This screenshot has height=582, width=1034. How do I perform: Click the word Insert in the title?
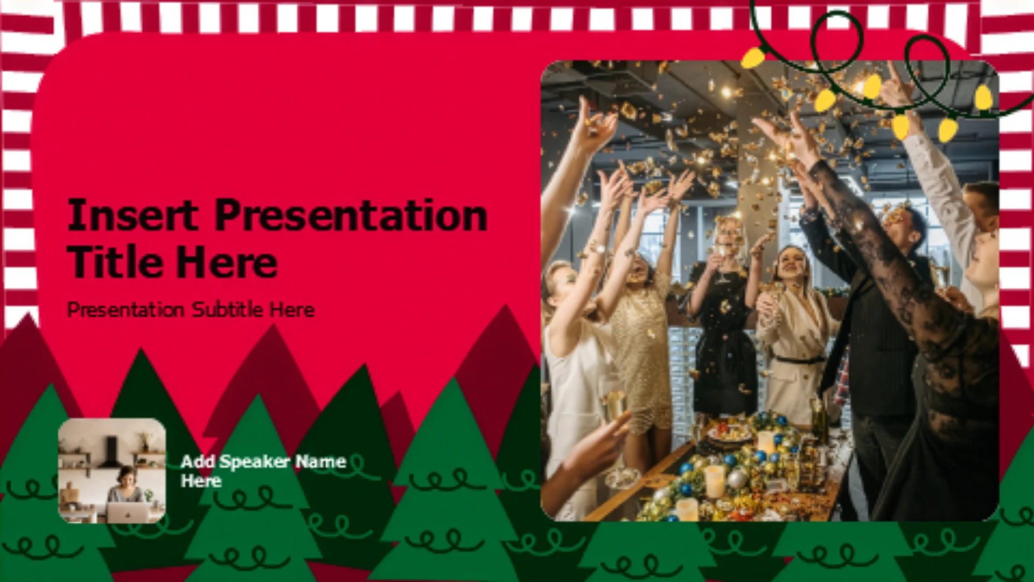coord(133,215)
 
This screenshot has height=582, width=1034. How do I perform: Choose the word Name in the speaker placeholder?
coord(320,461)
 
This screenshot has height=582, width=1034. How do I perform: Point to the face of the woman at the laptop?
coord(128,476)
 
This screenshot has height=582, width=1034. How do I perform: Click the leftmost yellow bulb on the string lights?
coord(753,57)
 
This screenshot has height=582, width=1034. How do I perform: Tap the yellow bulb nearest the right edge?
coord(983,98)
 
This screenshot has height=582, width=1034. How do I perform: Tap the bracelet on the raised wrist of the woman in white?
coord(597,249)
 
